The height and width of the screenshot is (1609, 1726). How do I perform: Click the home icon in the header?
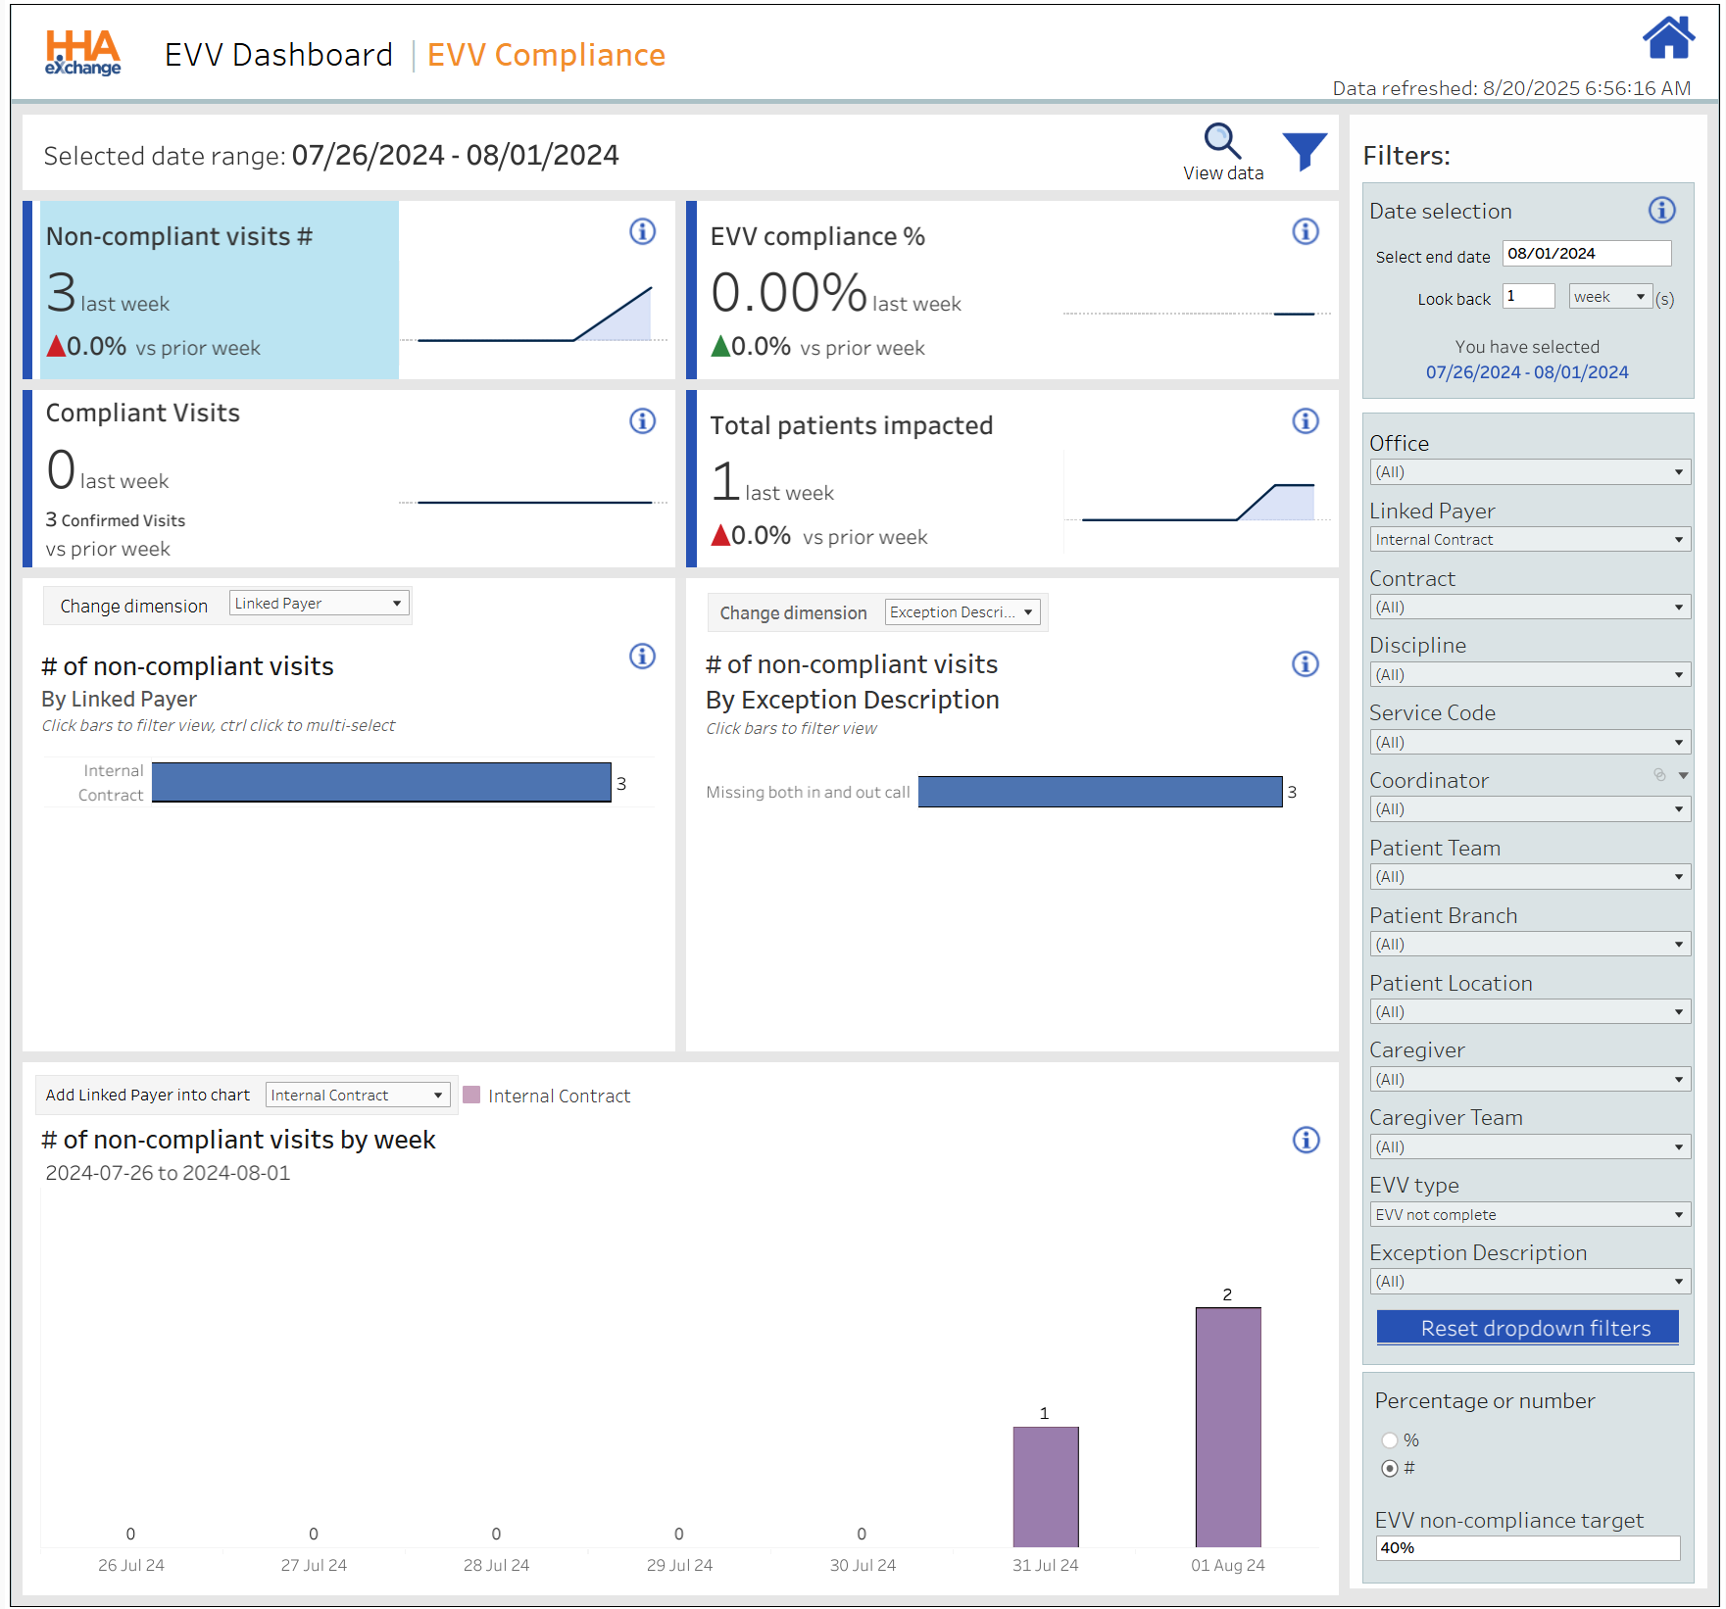1667,38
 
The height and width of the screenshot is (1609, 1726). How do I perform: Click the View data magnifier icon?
1221,141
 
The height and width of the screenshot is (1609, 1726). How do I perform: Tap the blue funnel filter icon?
1305,151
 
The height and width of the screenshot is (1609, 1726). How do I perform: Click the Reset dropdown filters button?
1527,1328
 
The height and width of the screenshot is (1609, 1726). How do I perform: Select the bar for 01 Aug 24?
1227,1427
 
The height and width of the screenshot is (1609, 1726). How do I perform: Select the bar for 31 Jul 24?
1045,1487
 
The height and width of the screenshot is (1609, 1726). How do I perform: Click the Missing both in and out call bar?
1100,792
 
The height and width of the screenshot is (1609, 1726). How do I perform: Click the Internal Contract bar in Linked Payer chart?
381,783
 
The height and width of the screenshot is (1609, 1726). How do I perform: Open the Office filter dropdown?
1529,472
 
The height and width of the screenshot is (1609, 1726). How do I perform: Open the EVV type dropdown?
1529,1215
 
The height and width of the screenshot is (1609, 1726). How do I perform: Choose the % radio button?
1390,1440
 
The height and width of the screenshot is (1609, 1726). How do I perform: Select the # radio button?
1390,1469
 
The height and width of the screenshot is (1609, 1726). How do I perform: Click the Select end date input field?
1586,254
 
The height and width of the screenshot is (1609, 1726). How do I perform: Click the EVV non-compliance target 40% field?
1527,1548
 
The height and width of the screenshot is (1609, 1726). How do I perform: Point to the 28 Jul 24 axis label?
496,1566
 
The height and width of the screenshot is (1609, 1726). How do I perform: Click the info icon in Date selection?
1661,210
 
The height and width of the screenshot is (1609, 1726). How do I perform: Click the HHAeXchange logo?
83,53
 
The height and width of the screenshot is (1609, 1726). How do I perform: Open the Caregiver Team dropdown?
1529,1147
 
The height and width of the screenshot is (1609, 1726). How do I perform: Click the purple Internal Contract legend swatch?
471,1096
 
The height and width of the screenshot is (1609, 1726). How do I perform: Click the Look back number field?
1528,297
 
